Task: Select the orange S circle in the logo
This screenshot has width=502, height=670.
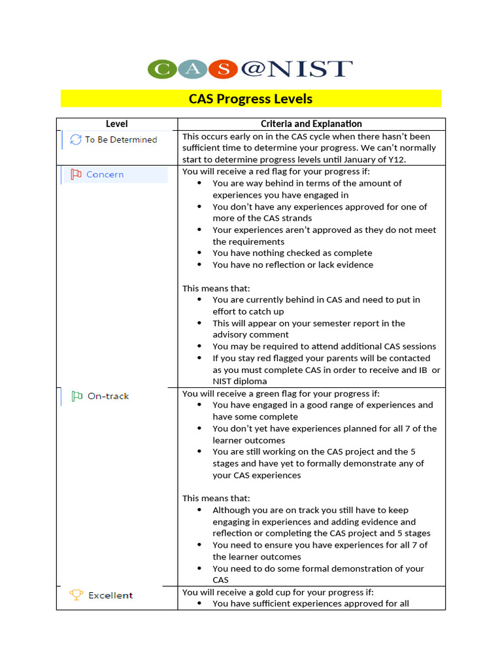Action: [x=224, y=69]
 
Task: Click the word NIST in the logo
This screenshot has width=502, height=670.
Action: [x=314, y=69]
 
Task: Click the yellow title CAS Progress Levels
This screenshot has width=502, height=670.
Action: [x=250, y=99]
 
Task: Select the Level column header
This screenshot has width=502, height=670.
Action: [x=116, y=124]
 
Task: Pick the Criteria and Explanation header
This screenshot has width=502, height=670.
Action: [x=311, y=124]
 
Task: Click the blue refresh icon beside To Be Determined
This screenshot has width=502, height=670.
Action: [x=76, y=139]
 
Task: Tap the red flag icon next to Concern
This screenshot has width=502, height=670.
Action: [x=76, y=175]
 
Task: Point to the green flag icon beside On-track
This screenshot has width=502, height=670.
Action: [x=76, y=396]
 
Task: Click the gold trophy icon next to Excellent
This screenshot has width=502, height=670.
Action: [x=76, y=595]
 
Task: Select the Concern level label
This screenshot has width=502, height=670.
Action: [x=105, y=175]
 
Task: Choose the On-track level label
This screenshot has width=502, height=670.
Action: [x=108, y=396]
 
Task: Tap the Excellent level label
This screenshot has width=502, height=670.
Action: [x=110, y=595]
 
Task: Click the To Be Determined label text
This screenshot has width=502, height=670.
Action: [x=121, y=139]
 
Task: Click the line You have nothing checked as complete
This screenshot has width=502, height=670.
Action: [x=292, y=253]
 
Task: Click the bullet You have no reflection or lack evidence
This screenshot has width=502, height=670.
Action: [x=293, y=265]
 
